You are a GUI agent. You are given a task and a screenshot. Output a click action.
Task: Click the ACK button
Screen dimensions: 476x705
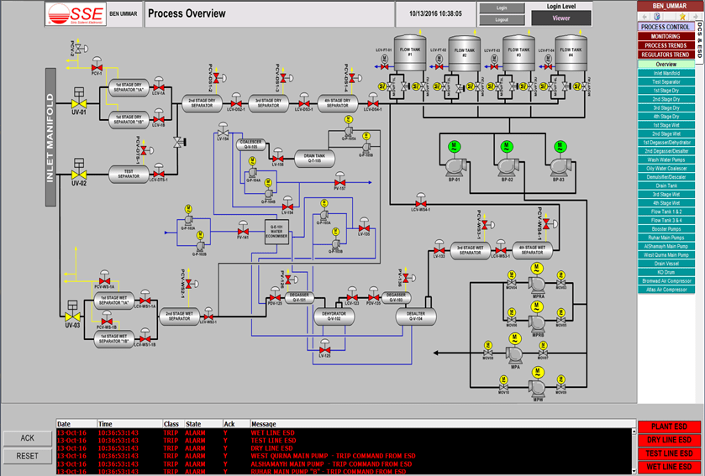click(x=27, y=438)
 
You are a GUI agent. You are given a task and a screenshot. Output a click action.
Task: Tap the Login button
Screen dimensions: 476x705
click(x=502, y=8)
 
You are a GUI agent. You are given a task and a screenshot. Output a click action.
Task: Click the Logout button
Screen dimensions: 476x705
click(x=502, y=18)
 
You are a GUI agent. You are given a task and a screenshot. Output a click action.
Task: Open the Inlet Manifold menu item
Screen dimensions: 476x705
click(x=666, y=73)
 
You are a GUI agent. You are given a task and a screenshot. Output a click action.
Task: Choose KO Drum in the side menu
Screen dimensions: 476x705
click(x=666, y=272)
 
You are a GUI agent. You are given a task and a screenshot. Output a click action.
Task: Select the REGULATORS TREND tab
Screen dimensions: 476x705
click(x=666, y=55)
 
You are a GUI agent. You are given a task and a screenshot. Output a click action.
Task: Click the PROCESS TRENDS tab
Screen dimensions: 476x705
click(x=666, y=45)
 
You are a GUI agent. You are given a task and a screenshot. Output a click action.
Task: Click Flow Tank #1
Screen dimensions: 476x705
click(x=412, y=55)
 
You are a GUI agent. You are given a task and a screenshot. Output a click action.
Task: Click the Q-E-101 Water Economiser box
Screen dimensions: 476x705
click(x=277, y=232)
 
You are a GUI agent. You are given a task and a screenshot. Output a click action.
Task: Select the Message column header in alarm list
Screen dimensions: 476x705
click(x=263, y=424)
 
